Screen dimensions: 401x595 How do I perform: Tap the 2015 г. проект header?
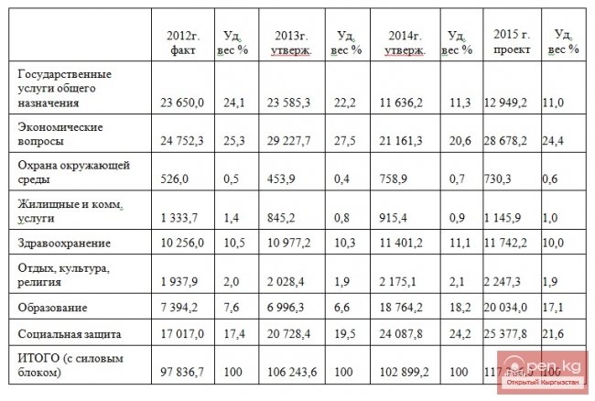click(511, 42)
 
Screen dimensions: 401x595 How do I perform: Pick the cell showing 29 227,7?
click(288, 143)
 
